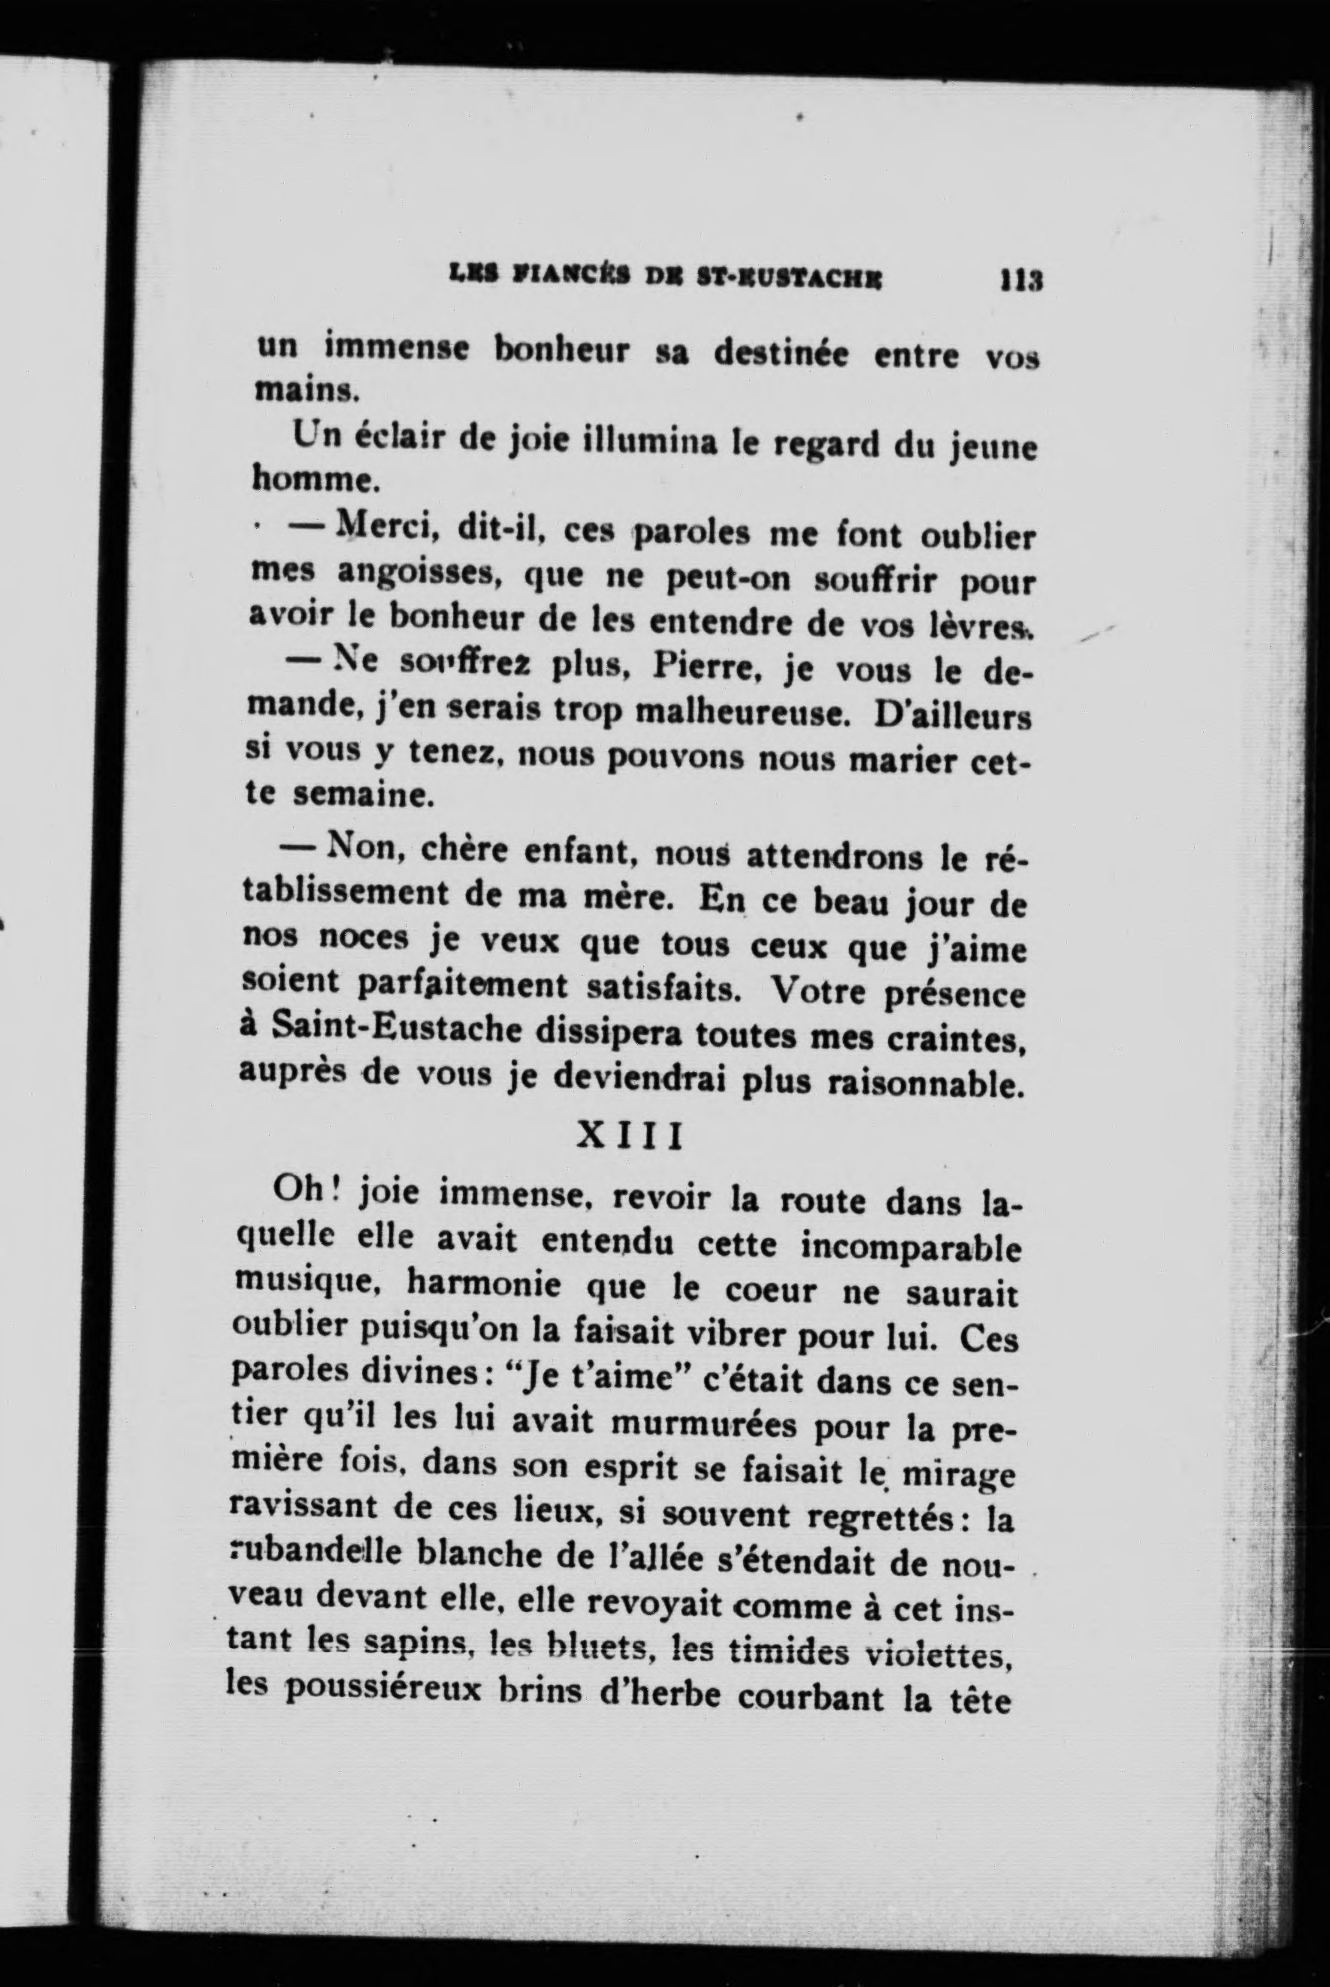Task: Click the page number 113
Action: pos(1020,281)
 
